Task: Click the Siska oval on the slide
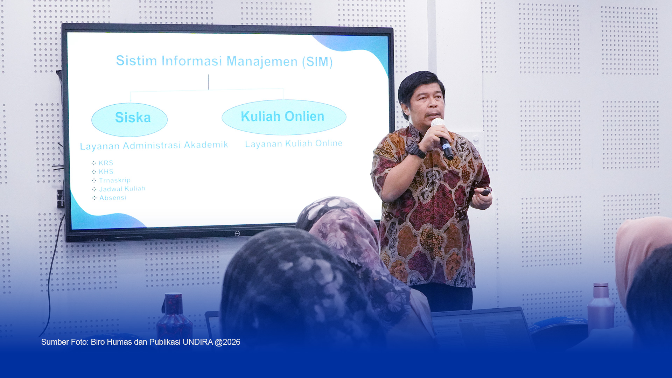(x=129, y=119)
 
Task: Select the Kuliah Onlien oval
(x=284, y=117)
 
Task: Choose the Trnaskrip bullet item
(x=111, y=180)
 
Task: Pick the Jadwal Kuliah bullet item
(x=119, y=189)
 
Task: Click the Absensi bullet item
(x=109, y=198)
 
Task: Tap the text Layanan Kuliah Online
(x=294, y=143)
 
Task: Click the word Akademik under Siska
(x=206, y=145)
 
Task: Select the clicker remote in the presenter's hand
(x=485, y=192)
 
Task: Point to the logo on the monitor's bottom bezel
(x=237, y=233)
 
